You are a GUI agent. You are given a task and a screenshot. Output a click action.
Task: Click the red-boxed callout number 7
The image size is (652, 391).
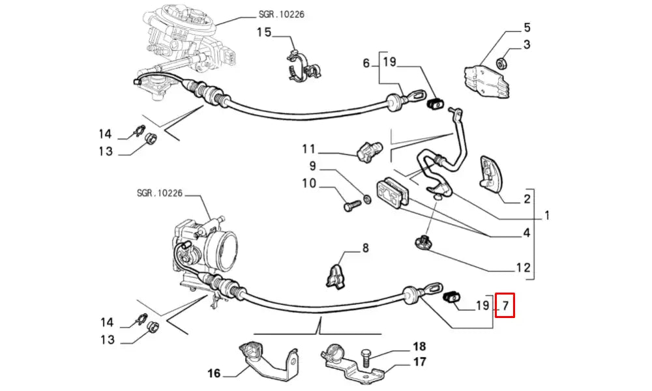pos(505,304)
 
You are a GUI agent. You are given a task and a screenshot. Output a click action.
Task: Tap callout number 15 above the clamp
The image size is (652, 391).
pos(263,32)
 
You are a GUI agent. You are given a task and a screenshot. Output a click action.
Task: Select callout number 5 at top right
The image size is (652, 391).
pos(527,28)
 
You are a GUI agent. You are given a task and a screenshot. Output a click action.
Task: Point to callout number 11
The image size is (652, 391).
pos(308,149)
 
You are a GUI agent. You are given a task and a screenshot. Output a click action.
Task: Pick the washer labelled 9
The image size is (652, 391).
pos(367,198)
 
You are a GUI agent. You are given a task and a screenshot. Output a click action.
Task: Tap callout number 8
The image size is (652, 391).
pos(365,248)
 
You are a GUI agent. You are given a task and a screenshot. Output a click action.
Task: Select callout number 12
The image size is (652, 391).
pos(524,267)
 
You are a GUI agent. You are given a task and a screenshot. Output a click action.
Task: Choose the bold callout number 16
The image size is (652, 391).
pos(215,373)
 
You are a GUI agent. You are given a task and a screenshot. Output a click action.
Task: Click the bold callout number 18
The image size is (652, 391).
pos(419,346)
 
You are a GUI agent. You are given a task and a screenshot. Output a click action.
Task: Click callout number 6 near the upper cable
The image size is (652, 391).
pos(366,63)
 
